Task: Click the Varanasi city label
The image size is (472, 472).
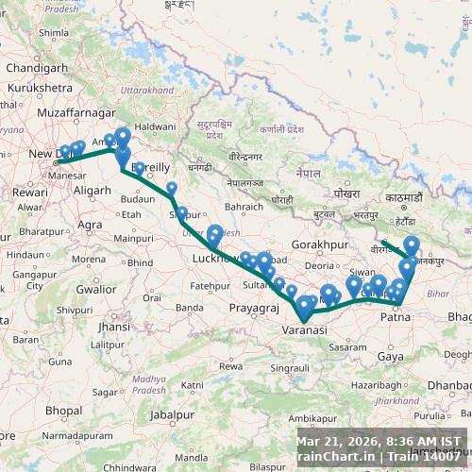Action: click(304, 330)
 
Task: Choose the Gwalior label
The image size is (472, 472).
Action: click(96, 290)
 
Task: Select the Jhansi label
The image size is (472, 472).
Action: click(113, 327)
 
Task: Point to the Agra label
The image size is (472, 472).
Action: click(91, 225)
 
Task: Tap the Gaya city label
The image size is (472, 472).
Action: click(388, 356)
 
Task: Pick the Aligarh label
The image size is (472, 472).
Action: click(92, 190)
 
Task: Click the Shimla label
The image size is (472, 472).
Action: click(54, 32)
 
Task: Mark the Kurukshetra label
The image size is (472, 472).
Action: click(40, 87)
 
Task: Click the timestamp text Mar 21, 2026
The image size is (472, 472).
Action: click(337, 441)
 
